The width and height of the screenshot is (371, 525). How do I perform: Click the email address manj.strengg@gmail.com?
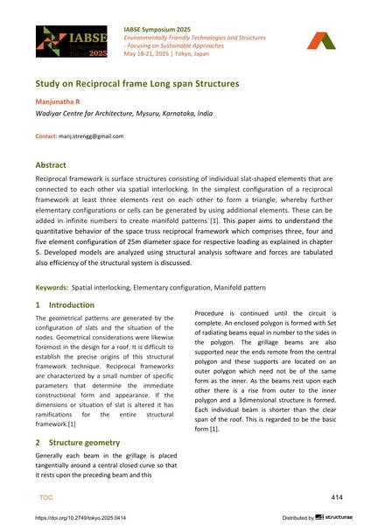coord(91,136)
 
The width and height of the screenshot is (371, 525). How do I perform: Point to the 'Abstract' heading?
coord(55,164)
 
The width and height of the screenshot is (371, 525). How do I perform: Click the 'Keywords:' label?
coord(51,287)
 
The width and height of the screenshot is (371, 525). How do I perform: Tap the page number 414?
coord(337,496)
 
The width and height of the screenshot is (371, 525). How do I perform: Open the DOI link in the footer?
coord(80,517)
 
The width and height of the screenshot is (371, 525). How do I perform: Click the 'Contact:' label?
coord(46,136)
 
